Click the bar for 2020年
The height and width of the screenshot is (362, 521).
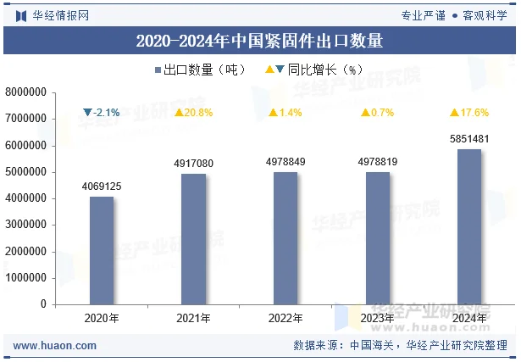[101, 250]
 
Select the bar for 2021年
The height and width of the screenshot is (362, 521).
[193, 238]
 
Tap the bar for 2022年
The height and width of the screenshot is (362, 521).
[285, 237]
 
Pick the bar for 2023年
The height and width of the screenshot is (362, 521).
[378, 237]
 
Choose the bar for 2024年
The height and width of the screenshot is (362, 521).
[469, 226]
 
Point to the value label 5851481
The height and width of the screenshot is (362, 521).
[469, 139]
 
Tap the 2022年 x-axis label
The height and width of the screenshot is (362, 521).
[285, 319]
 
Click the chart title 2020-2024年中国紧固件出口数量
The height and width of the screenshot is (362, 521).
[260, 39]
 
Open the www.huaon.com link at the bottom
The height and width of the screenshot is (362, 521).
[55, 346]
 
